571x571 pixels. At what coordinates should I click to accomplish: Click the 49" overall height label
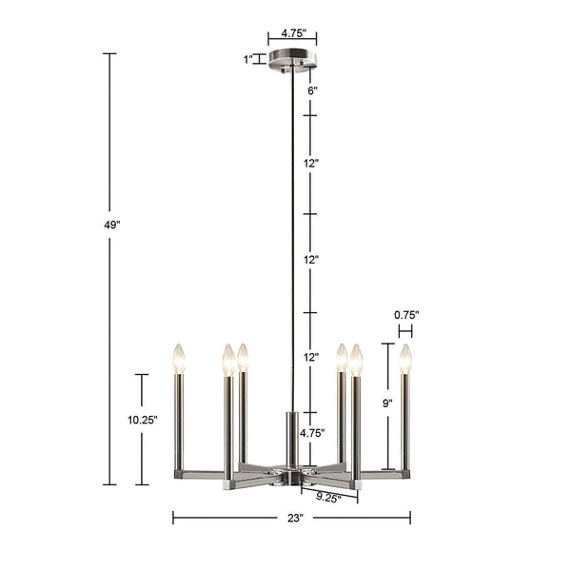[x=111, y=226]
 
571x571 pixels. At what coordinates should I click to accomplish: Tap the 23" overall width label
[x=293, y=519]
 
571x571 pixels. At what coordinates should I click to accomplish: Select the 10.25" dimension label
[x=142, y=419]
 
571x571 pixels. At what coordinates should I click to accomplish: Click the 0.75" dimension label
[x=406, y=315]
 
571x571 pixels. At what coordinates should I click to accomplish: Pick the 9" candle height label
[x=387, y=404]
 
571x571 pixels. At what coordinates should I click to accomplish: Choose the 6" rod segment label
[x=311, y=90]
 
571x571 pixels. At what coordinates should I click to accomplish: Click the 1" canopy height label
[x=247, y=59]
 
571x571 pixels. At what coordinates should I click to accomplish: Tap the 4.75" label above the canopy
[x=291, y=33]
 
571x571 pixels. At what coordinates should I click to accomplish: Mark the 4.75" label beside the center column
[x=312, y=433]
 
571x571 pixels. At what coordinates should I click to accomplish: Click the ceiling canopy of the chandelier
[x=292, y=64]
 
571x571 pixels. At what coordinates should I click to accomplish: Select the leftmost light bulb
[x=177, y=359]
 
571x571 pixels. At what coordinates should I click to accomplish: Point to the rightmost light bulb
[x=406, y=359]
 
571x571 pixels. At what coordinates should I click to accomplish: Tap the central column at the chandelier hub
[x=292, y=438]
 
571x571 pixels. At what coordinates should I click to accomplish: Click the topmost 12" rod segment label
[x=311, y=163]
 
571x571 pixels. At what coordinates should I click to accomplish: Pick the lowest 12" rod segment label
[x=311, y=358]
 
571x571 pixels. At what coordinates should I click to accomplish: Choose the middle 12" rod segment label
[x=311, y=260]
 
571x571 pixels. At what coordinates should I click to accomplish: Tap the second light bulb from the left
[x=228, y=360]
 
